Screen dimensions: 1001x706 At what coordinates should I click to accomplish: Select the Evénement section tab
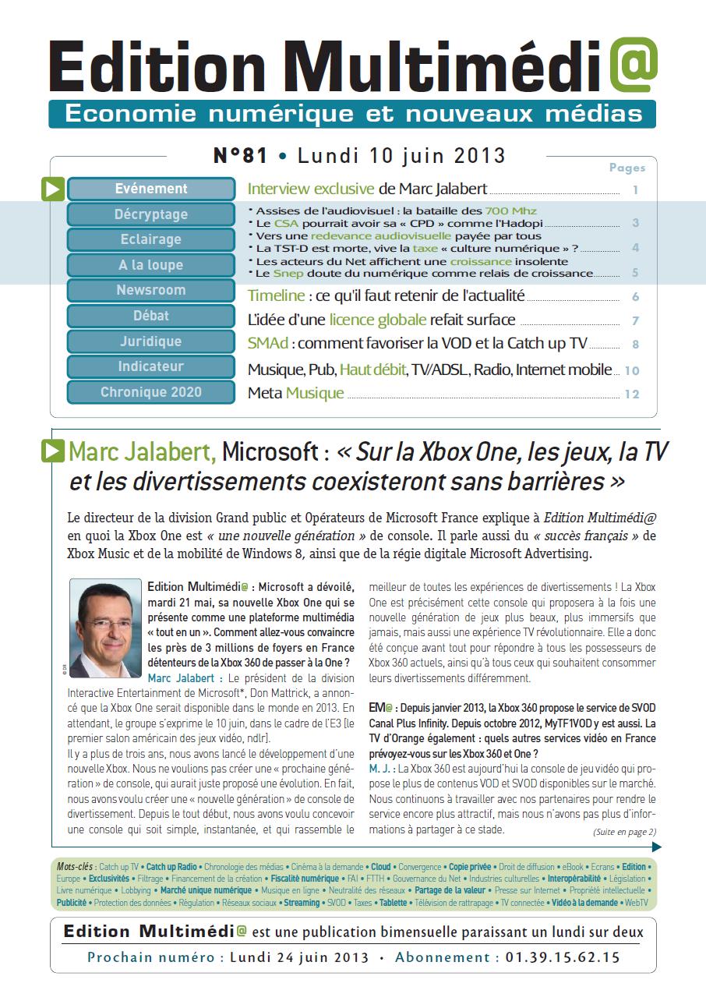pos(151,189)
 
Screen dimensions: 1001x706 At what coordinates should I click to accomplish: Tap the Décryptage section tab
pos(151,214)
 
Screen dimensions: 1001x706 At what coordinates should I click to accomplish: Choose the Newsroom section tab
pos(151,290)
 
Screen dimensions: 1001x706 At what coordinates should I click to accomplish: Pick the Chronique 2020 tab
pos(151,392)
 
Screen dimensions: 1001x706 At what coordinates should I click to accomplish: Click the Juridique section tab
pos(151,341)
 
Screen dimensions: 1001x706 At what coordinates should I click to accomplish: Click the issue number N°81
pos(240,156)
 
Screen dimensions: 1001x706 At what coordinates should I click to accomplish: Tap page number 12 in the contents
pos(631,394)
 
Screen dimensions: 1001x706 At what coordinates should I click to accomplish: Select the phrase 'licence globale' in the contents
pos(377,320)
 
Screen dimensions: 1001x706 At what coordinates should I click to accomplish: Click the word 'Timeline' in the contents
pos(276,295)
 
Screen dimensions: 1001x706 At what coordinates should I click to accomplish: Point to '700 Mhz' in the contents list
pos(511,210)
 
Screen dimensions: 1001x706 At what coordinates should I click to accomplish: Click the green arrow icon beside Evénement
pos(53,189)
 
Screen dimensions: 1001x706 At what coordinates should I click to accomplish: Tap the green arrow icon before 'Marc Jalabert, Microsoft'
pos(53,451)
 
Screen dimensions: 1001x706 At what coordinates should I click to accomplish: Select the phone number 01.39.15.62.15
pos(563,957)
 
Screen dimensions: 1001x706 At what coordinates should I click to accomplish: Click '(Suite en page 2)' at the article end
pos(624,832)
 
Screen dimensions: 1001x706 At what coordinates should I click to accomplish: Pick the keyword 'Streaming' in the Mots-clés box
pos(302,903)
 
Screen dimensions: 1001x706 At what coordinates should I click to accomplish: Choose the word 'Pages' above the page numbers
pos(627,168)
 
